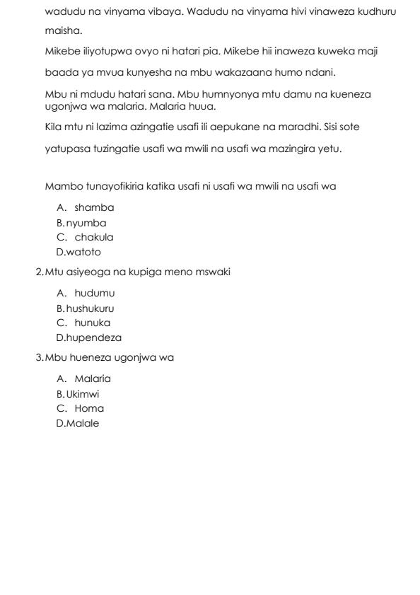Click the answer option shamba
[x=94, y=208]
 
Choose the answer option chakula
[x=94, y=238]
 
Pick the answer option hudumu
[x=95, y=293]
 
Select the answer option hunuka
[x=93, y=323]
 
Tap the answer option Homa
[x=89, y=409]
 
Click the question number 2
[x=39, y=272]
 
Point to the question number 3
[x=39, y=358]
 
